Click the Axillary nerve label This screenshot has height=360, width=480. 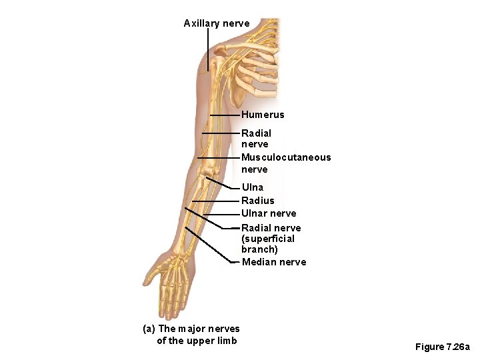[x=217, y=23]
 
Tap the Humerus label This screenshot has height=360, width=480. [x=263, y=115]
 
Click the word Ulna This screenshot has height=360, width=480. [x=253, y=187]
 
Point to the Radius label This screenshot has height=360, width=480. [x=257, y=200]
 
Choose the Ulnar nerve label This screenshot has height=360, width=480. [x=269, y=213]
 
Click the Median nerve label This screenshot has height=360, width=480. [x=274, y=262]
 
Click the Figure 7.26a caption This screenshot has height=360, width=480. [x=442, y=347]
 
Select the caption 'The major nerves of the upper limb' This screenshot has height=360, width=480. [x=192, y=335]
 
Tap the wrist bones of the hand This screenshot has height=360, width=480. [x=179, y=261]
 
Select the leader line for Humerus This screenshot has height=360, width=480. [x=225, y=115]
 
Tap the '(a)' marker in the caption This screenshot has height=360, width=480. [x=149, y=329]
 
